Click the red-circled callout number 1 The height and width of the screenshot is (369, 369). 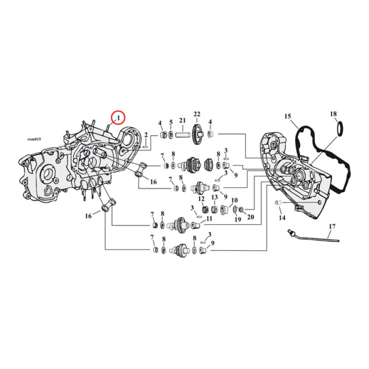[118, 118]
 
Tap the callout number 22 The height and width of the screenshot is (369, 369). [197, 114]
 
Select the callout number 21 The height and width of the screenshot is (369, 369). [182, 121]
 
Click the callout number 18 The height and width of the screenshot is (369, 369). [333, 114]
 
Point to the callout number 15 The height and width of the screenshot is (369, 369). [287, 117]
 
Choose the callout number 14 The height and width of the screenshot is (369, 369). [281, 217]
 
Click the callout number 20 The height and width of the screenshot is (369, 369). [250, 217]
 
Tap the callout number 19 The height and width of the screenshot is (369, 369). [238, 220]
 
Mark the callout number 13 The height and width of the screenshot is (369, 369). [214, 197]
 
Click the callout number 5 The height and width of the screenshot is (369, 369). [171, 123]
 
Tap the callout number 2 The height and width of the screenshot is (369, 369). [146, 135]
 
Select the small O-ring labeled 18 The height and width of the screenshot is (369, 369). [339, 129]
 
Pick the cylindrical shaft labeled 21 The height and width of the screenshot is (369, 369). [182, 136]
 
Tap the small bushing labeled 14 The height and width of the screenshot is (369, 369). [278, 202]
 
